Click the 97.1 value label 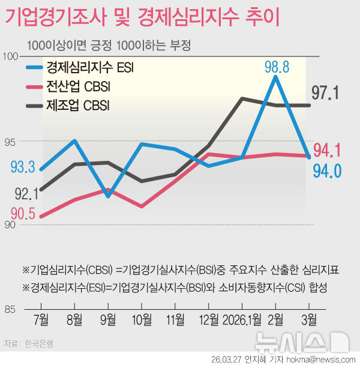326,93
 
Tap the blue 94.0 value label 328,172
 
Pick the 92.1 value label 26,193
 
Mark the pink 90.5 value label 22,213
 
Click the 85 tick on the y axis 11,310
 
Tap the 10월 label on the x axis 142,320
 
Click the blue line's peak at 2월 275,77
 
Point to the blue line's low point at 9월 107,196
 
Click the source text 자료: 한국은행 28,344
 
